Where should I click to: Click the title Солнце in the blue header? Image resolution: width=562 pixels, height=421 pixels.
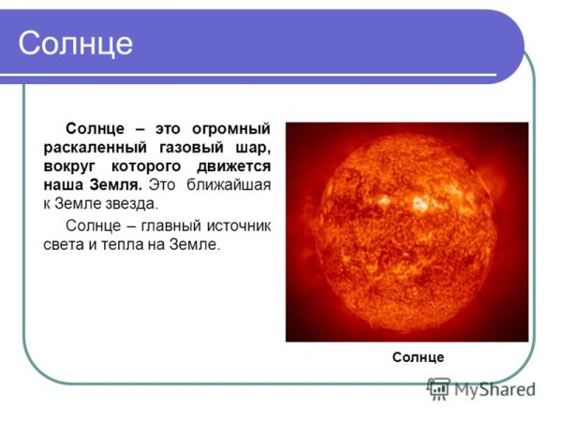click(76, 43)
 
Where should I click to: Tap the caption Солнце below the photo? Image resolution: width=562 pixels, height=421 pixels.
click(418, 357)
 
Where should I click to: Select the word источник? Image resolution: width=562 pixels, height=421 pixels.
click(237, 226)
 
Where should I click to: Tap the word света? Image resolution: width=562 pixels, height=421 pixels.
click(65, 245)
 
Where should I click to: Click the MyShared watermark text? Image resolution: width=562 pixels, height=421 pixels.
click(495, 390)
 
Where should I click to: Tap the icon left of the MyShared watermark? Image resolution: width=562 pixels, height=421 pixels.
click(438, 389)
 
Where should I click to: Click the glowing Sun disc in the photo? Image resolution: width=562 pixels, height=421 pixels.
click(407, 229)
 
